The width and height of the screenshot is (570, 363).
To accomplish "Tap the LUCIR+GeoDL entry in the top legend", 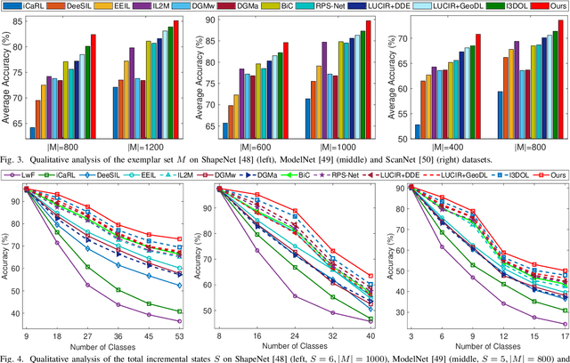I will pos(422,7).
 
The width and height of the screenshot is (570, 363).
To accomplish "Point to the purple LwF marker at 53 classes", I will pos(179,321).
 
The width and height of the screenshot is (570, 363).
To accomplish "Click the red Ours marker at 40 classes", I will pos(370,277).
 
